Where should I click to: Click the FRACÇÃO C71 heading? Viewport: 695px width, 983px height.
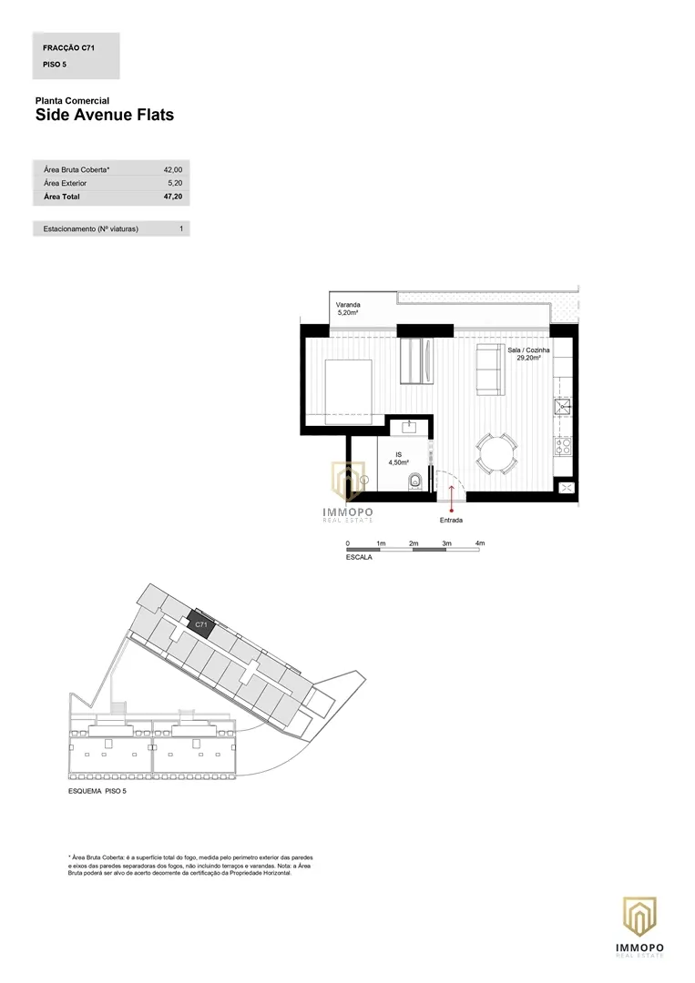(68, 47)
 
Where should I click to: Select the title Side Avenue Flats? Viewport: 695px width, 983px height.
(105, 115)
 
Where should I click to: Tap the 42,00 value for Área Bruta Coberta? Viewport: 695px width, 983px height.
(173, 170)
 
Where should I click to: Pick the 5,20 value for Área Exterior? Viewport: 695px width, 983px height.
(175, 183)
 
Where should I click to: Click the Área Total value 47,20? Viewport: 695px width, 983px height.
(173, 197)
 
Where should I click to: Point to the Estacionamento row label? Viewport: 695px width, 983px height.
(91, 228)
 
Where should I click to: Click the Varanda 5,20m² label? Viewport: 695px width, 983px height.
(348, 309)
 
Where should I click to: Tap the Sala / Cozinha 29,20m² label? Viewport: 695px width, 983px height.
(529, 354)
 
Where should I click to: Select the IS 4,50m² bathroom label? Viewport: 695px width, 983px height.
(398, 459)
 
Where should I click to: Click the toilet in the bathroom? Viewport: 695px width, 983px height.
(415, 482)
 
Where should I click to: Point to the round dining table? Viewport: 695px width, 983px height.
(496, 453)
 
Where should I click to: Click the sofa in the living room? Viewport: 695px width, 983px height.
(490, 370)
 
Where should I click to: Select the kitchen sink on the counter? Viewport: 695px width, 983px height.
(563, 408)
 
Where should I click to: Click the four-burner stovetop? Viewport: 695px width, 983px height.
(563, 446)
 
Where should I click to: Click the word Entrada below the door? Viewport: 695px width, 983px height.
(451, 521)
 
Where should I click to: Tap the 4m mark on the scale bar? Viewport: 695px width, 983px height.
(480, 543)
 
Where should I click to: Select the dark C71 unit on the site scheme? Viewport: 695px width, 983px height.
(202, 624)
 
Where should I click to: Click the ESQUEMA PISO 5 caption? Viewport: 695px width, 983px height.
(97, 791)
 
